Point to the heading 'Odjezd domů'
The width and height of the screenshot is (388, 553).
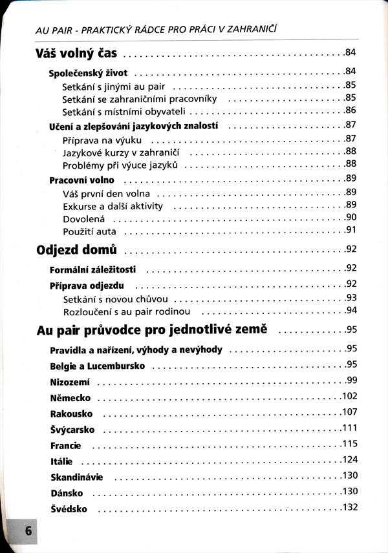click(x=78, y=249)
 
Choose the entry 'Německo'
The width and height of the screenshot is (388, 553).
click(x=70, y=397)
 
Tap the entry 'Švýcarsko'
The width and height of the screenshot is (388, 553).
click(x=72, y=429)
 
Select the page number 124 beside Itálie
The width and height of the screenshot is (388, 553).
click(x=349, y=459)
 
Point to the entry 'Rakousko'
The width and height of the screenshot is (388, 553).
click(x=71, y=413)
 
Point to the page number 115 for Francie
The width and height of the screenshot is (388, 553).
click(x=349, y=443)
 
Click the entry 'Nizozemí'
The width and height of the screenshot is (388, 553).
click(x=69, y=381)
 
